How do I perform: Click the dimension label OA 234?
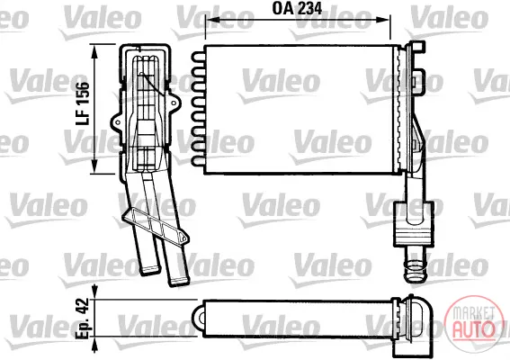[x=297, y=8]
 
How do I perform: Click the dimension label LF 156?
[x=82, y=103]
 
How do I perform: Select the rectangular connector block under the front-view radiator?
[x=414, y=224]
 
